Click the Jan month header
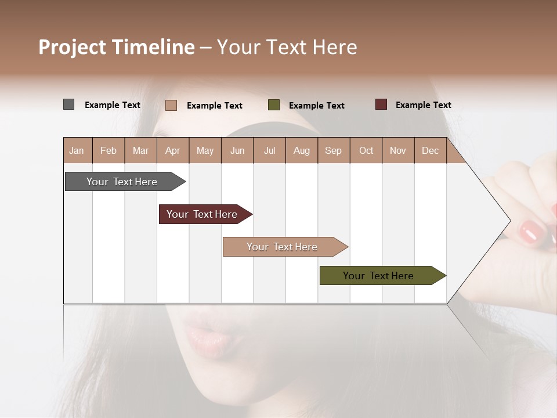click(x=77, y=150)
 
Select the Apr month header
click(x=172, y=150)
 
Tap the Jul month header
click(x=269, y=150)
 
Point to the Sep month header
click(x=333, y=150)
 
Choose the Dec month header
click(x=430, y=150)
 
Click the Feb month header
click(x=108, y=150)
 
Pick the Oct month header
click(x=366, y=150)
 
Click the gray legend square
click(x=68, y=105)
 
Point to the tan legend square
click(x=171, y=105)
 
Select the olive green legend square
click(x=274, y=105)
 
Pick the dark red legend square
click(x=381, y=105)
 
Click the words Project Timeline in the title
click(x=117, y=47)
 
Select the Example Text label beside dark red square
click(x=423, y=105)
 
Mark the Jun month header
click(x=237, y=150)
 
